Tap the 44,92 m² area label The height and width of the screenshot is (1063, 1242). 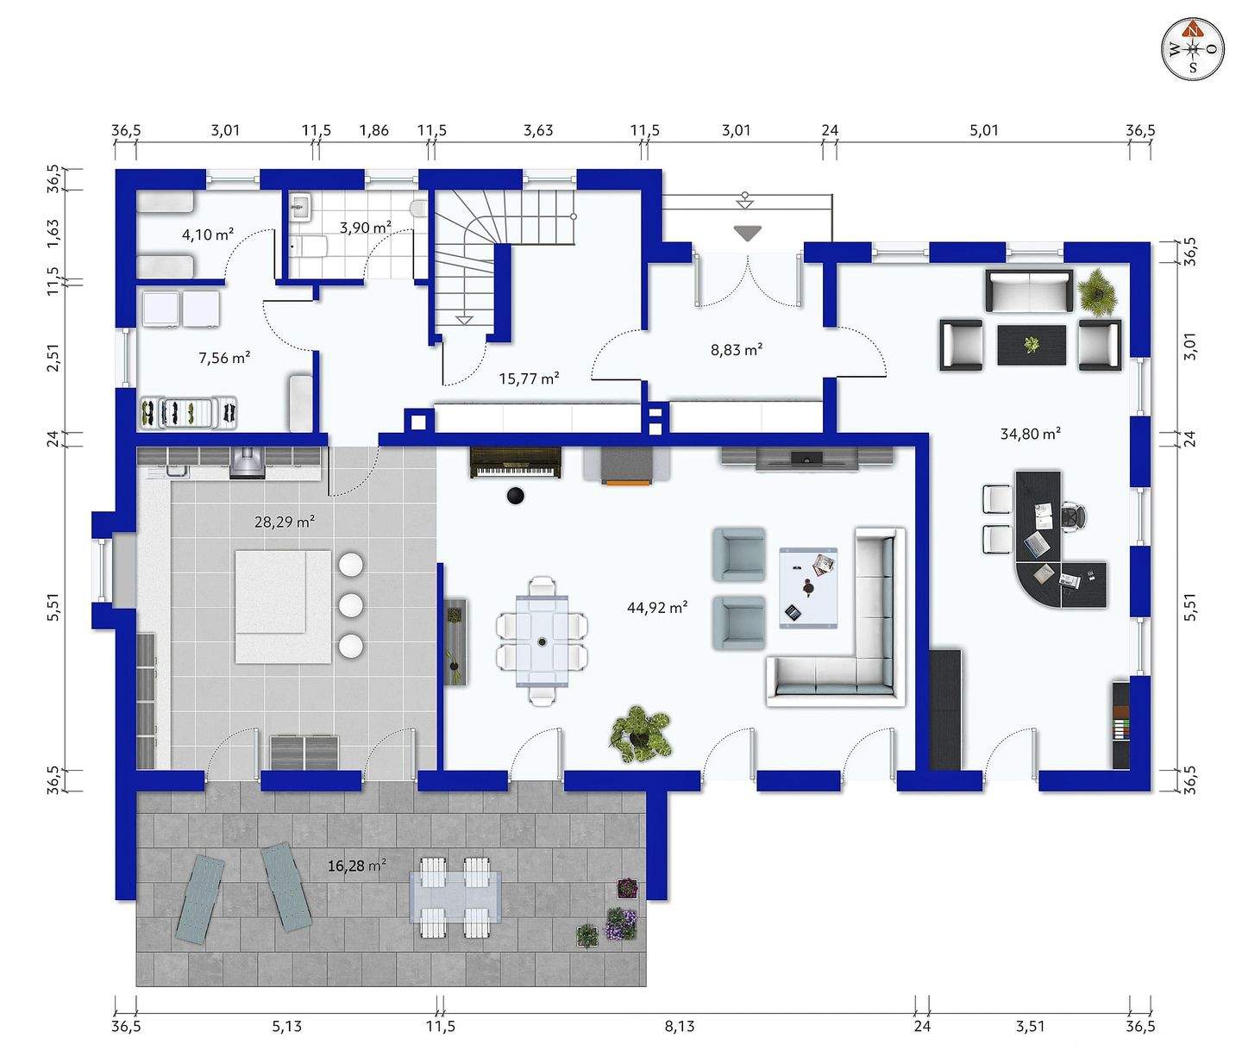click(657, 608)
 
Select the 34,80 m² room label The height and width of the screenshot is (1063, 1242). click(1030, 434)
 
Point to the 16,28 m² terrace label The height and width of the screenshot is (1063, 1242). click(357, 866)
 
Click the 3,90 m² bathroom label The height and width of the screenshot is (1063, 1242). click(366, 228)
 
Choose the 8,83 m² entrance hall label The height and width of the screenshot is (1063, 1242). click(737, 349)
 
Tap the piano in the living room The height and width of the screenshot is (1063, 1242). click(516, 462)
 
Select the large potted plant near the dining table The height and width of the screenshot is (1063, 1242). click(640, 734)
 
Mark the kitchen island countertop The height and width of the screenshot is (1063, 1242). click(283, 607)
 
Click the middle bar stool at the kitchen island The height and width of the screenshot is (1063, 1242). click(350, 605)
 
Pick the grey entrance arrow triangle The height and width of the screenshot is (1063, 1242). click(748, 234)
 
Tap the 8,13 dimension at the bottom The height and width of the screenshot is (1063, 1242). click(680, 1027)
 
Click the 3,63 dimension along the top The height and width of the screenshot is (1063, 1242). click(538, 130)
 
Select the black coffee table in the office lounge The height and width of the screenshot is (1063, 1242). click(1032, 345)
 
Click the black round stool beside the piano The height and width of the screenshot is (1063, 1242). click(516, 496)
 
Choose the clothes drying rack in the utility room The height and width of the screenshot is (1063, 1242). click(189, 413)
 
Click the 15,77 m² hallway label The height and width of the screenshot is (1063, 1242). click(529, 378)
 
